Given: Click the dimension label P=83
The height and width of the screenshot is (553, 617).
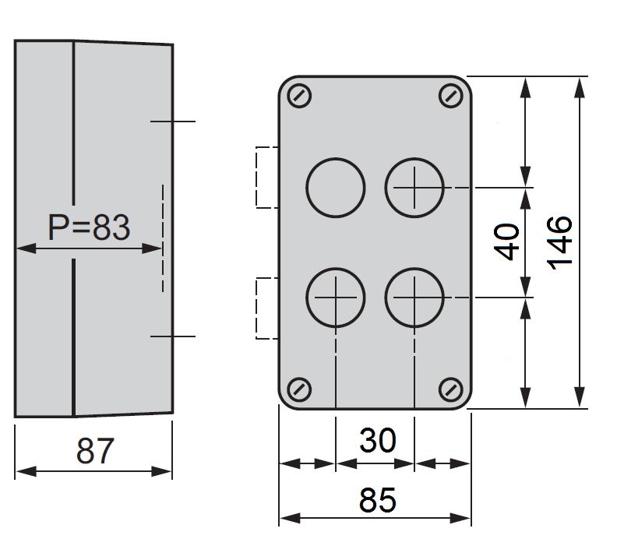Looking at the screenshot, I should [88, 227].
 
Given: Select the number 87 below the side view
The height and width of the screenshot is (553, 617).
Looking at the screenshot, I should [94, 450].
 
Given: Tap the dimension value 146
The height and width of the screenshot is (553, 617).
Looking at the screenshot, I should [560, 242].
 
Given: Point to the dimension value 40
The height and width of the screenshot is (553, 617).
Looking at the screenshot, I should [507, 242].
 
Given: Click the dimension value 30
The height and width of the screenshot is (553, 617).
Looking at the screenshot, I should [377, 442].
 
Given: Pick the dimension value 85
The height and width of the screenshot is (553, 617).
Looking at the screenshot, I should [378, 500].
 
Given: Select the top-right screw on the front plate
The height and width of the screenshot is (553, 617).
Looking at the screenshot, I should [450, 96].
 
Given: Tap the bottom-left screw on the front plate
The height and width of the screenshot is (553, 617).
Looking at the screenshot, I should [300, 388].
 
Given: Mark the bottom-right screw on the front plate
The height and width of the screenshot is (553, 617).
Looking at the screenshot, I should [450, 388].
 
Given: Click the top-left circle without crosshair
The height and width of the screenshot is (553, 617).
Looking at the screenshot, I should [336, 188].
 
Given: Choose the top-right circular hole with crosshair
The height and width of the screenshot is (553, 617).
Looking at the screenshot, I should [414, 188].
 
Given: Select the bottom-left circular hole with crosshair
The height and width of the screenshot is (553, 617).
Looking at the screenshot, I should [336, 298].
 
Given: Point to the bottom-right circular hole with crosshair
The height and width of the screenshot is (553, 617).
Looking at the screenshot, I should [414, 298].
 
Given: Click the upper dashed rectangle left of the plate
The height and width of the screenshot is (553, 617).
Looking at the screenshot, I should [266, 178].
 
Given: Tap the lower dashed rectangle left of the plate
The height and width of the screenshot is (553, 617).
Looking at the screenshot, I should [266, 308].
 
